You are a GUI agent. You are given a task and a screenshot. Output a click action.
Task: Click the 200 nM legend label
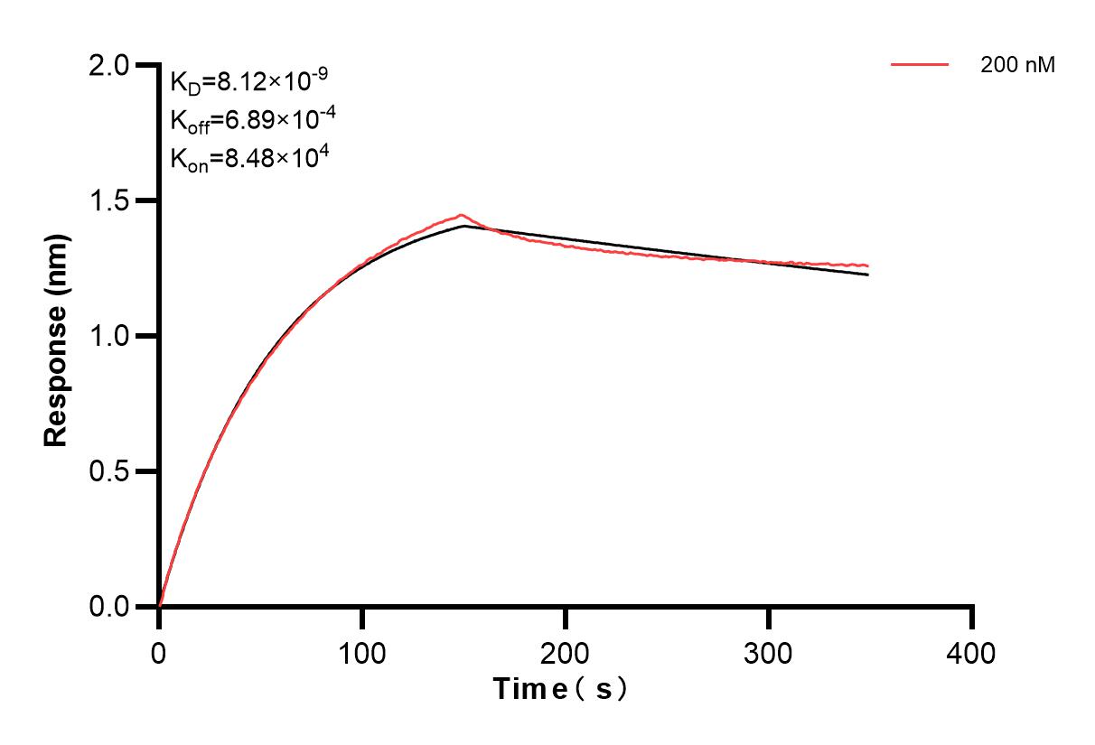point(1018,66)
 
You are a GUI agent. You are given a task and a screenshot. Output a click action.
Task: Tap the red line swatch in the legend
point(920,65)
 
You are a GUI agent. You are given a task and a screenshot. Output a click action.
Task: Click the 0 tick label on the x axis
point(159,652)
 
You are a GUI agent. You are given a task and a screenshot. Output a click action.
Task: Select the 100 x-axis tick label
point(362,652)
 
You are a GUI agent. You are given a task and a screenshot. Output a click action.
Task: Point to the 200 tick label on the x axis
point(566,652)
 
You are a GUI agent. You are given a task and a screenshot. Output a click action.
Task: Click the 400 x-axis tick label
point(972,652)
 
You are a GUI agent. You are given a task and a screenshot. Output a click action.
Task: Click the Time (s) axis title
point(560,690)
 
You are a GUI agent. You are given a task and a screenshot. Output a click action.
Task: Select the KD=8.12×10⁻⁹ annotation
point(248,82)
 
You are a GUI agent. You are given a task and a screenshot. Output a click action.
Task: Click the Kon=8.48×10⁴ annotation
point(248,158)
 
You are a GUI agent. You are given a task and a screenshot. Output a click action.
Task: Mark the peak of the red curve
point(462,215)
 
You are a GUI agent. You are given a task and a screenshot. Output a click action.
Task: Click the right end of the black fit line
point(868,275)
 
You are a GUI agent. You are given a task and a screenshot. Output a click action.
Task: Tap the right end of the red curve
point(868,266)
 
